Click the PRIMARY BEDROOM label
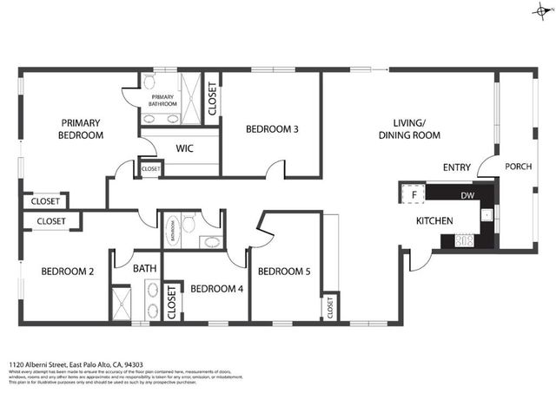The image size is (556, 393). pyautogui.click(x=81, y=129)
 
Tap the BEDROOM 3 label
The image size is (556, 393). pyautogui.click(x=272, y=130)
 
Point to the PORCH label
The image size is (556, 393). pyautogui.click(x=519, y=167)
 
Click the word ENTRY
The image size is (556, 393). pyautogui.click(x=457, y=167)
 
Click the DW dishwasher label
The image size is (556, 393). pyautogui.click(x=467, y=195)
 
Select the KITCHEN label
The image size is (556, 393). pyautogui.click(x=434, y=221)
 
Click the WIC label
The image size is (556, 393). pyautogui.click(x=185, y=148)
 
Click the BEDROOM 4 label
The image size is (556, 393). pyautogui.click(x=216, y=288)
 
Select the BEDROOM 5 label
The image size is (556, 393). pyautogui.click(x=284, y=271)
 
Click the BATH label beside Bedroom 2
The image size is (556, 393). pyautogui.click(x=145, y=269)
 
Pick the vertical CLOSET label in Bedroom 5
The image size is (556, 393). pyautogui.click(x=330, y=306)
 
